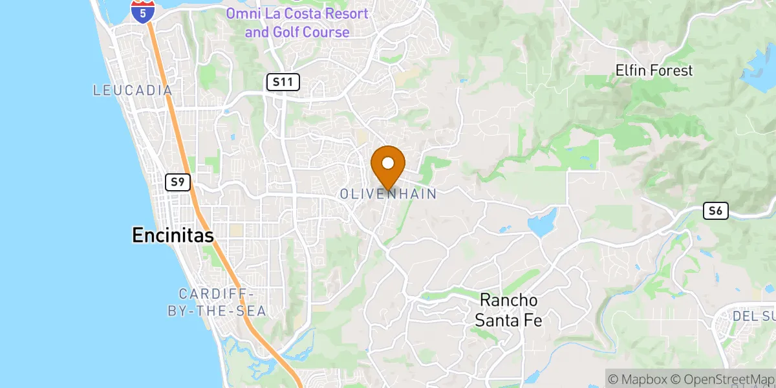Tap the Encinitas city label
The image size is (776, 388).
173,235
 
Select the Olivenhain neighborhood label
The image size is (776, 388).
388,193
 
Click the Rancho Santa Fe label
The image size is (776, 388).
509,310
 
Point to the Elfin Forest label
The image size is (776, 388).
654,70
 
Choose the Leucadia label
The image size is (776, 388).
133,91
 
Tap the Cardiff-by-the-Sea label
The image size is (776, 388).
217,302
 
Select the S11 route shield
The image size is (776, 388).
283,81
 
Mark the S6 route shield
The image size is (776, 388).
716,211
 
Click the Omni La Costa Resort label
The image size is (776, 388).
297,22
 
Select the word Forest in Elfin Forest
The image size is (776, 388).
671,70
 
